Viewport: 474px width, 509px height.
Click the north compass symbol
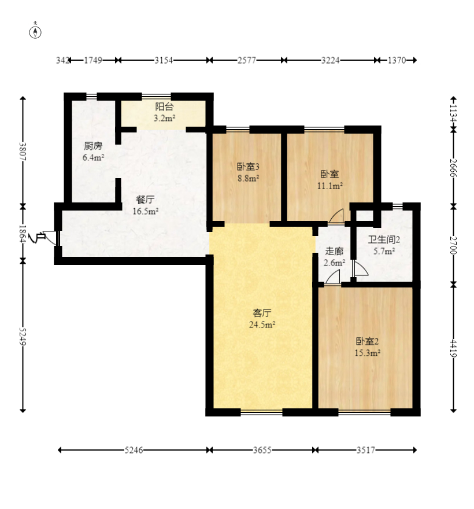[x=35, y=31]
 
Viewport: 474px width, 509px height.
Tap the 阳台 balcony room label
[x=164, y=106]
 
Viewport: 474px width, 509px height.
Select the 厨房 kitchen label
[x=93, y=146]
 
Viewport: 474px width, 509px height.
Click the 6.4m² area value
[x=94, y=158]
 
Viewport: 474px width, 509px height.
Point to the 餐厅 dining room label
[x=145, y=200]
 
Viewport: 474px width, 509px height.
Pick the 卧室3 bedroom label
[x=248, y=167]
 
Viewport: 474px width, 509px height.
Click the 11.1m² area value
[x=330, y=186]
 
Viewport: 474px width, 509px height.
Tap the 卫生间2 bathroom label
[x=384, y=239]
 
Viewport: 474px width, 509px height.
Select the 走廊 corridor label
[x=334, y=251]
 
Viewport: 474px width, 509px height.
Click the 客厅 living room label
[x=262, y=313]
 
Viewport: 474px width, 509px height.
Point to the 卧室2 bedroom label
[x=367, y=341]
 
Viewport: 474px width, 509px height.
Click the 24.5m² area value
[x=262, y=324]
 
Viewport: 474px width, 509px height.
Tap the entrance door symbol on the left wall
[x=49, y=237]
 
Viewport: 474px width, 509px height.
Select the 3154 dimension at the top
[x=164, y=60]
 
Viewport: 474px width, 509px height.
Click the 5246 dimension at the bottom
[x=134, y=450]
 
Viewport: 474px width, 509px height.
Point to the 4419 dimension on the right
[x=454, y=348]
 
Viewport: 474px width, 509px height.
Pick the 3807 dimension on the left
[x=23, y=152]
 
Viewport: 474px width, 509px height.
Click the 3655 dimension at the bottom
[x=262, y=450]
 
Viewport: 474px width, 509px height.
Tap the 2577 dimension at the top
[x=247, y=60]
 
